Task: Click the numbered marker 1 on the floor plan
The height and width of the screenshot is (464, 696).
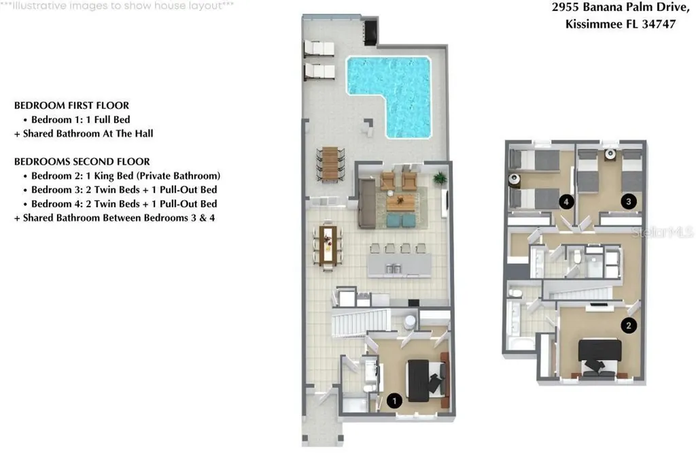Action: tap(393, 401)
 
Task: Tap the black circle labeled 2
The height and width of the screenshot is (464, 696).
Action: tap(629, 325)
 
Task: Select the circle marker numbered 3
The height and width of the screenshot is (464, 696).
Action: tap(629, 201)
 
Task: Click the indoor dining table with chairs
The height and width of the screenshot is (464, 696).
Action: tap(327, 245)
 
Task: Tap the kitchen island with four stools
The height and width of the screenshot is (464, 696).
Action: tap(400, 263)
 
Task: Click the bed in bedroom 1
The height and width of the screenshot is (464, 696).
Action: tap(425, 380)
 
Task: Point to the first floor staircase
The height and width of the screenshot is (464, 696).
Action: tap(359, 322)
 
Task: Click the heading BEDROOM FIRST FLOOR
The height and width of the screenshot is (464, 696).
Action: tap(71, 105)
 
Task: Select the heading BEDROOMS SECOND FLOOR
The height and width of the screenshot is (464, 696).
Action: tap(82, 162)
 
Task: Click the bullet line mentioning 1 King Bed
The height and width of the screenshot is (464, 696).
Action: tap(126, 176)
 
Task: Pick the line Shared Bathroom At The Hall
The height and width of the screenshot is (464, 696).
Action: tap(84, 134)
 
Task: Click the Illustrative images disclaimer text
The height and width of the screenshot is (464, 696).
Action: tap(117, 5)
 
